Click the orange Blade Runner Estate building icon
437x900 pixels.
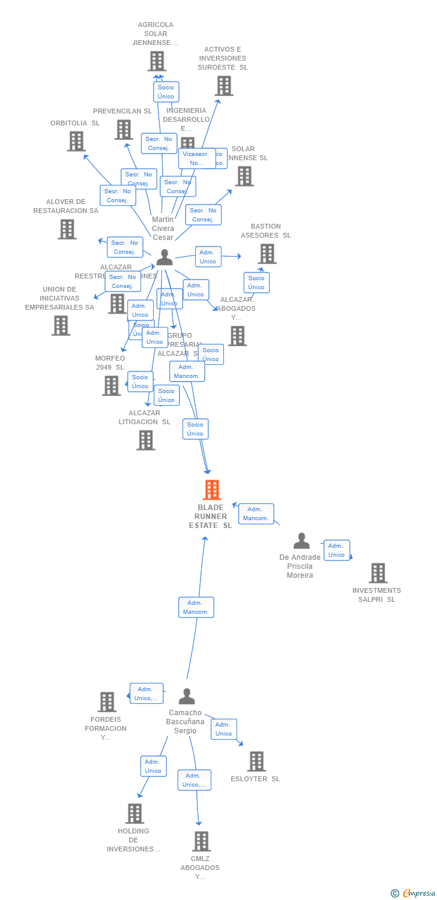(x=211, y=490)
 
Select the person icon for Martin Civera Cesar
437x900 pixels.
(x=164, y=258)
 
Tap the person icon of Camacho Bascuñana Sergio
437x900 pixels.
(x=187, y=697)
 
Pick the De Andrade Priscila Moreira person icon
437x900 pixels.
(x=301, y=541)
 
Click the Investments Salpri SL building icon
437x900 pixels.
(x=378, y=573)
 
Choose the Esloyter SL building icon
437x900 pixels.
(x=256, y=761)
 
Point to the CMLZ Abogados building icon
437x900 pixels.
(x=202, y=841)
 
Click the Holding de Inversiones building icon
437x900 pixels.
(x=134, y=814)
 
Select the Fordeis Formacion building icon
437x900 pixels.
(x=107, y=702)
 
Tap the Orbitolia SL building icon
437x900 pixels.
(x=76, y=141)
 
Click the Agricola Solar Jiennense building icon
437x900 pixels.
(x=157, y=61)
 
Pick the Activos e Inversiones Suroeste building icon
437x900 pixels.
(x=224, y=86)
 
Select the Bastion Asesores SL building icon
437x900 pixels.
(x=267, y=253)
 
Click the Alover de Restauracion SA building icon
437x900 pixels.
(x=67, y=229)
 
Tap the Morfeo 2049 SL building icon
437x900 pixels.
(x=111, y=386)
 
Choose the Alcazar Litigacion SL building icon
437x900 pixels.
(x=146, y=440)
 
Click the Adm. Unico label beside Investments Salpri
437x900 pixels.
(x=337, y=550)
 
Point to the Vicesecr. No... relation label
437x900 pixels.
(x=197, y=158)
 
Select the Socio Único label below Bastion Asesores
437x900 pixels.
(x=256, y=283)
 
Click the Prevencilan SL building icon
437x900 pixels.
(x=123, y=130)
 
